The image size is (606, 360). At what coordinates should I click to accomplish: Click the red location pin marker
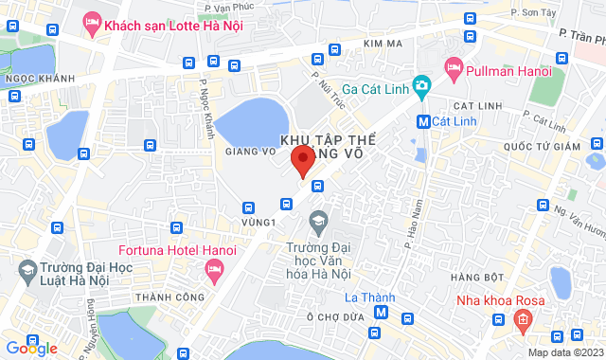point(302,160)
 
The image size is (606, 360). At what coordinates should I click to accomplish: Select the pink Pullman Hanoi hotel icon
point(453,67)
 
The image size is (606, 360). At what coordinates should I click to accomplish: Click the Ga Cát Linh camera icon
point(421,85)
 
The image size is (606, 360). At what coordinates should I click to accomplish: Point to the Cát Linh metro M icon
point(423,121)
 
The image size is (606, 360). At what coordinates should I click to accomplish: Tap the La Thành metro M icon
point(381,313)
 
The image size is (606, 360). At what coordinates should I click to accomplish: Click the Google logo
point(31,348)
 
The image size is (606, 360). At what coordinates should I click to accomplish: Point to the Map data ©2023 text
point(564,352)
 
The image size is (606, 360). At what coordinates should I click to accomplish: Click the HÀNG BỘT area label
point(477,277)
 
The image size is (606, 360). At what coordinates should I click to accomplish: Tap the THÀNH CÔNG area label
point(164,297)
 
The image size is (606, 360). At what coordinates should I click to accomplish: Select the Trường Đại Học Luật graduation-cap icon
point(28,274)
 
